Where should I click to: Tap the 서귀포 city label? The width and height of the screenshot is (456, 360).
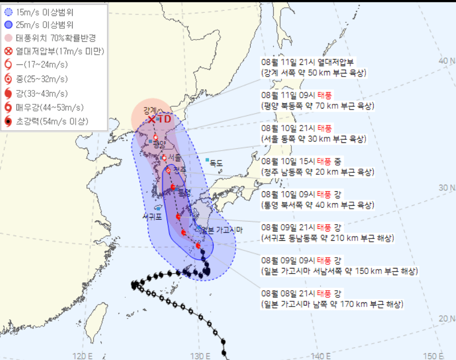(x=152, y=217)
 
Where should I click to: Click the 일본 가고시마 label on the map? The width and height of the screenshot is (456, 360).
(x=222, y=229)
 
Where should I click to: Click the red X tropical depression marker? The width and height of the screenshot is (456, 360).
(x=152, y=119)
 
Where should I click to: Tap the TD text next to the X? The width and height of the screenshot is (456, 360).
(x=165, y=119)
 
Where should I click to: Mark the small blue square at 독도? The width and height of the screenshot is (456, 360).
(x=207, y=160)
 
